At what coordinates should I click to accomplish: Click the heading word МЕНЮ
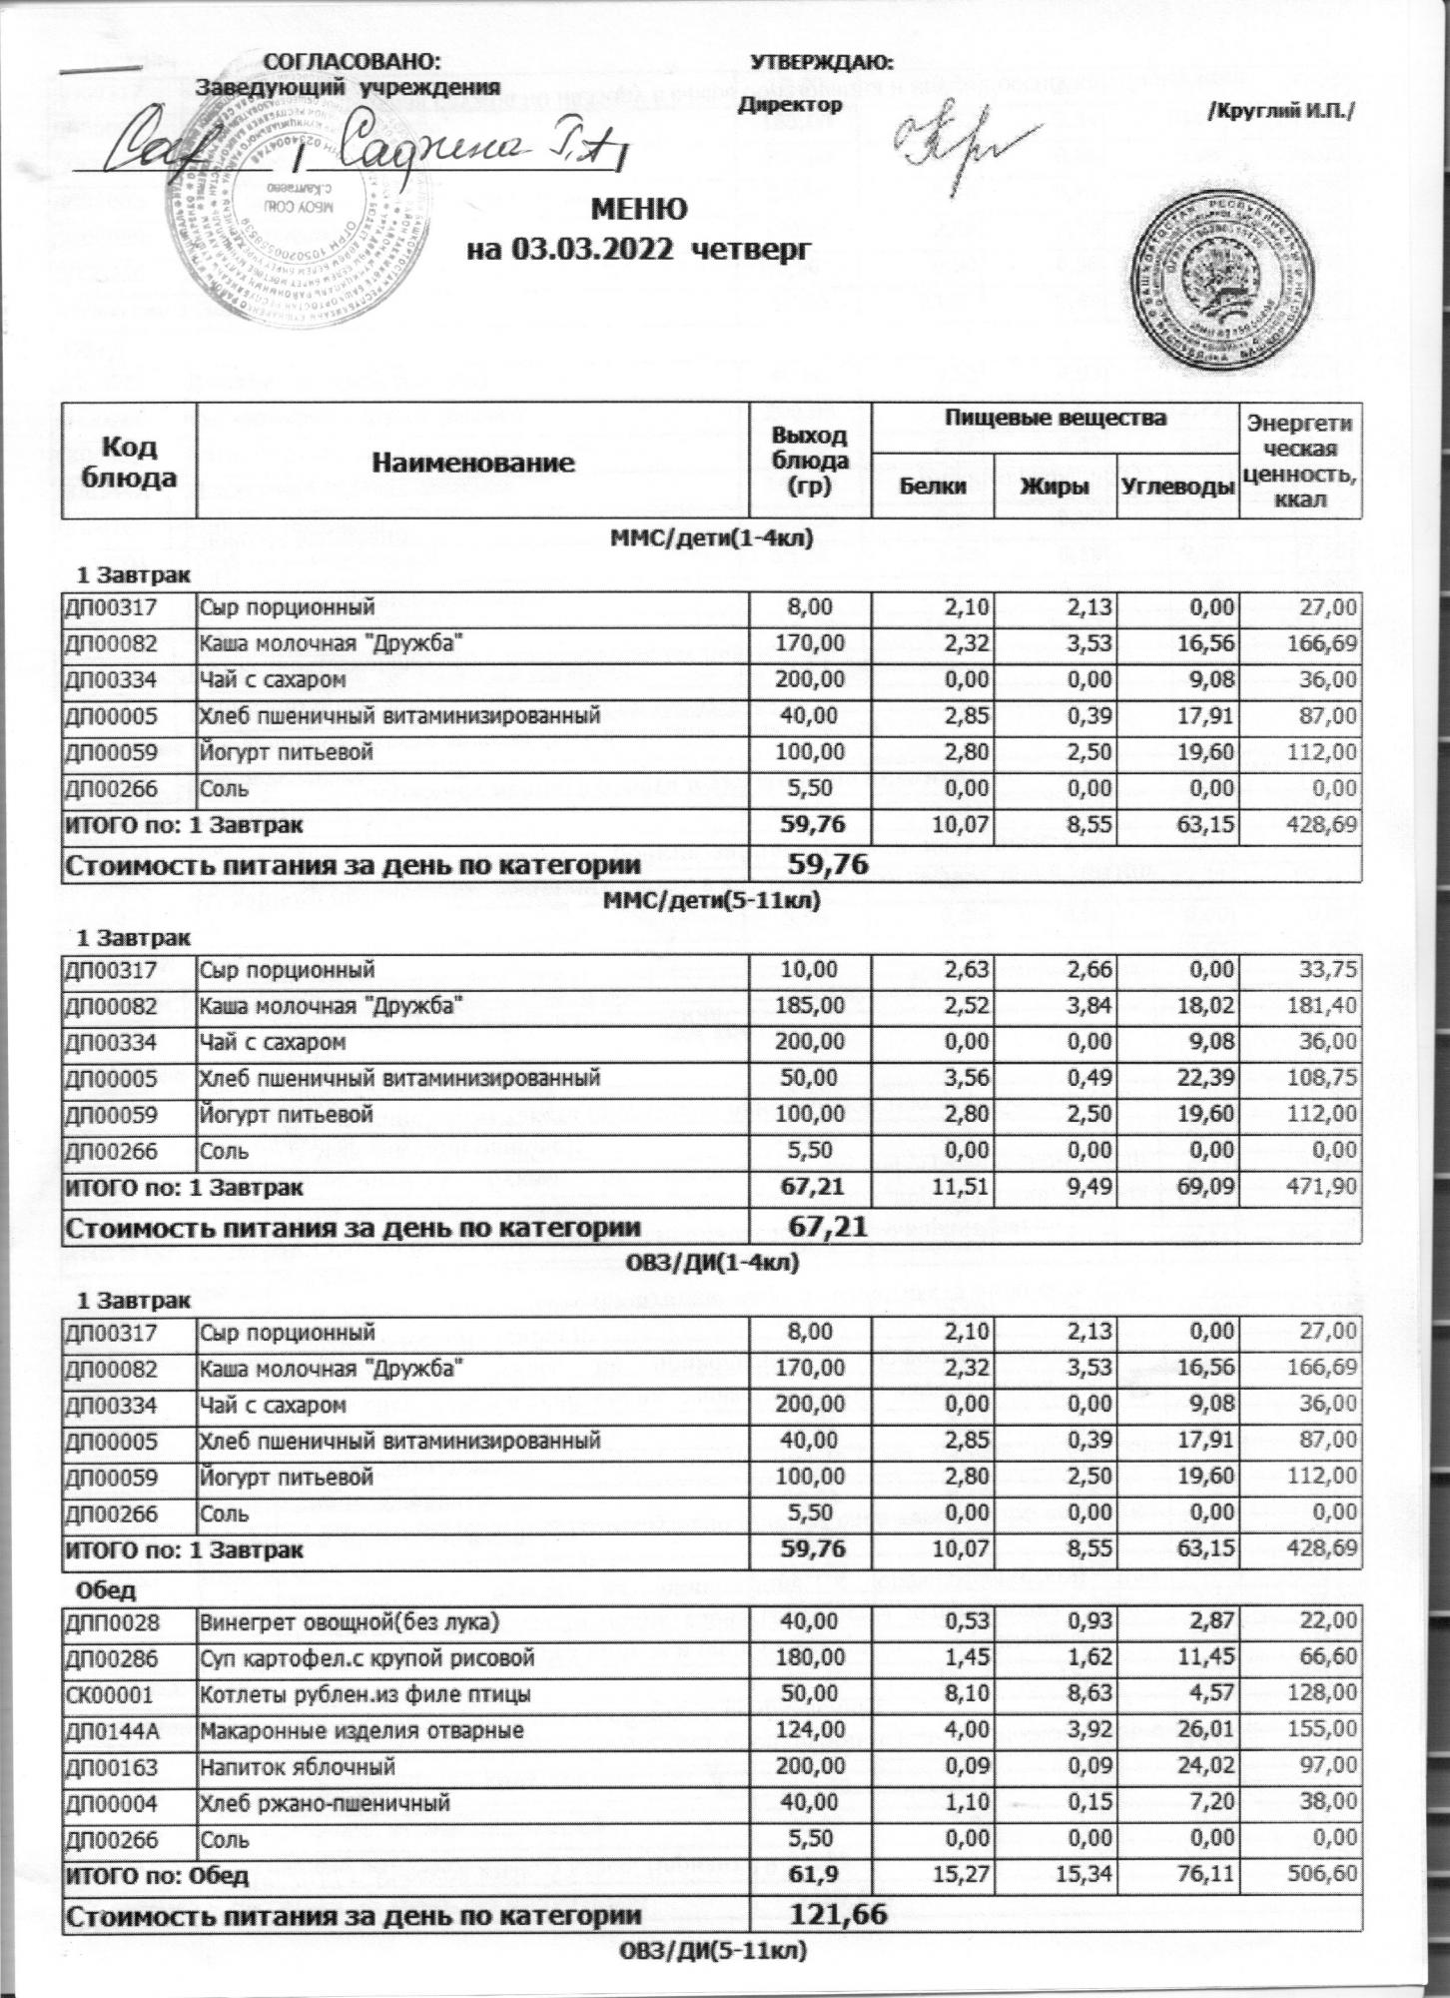point(640,211)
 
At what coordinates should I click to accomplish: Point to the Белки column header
point(933,487)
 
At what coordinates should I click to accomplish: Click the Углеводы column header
point(1176,487)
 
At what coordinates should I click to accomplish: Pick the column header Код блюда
point(129,462)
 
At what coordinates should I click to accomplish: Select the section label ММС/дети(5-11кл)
point(713,902)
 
